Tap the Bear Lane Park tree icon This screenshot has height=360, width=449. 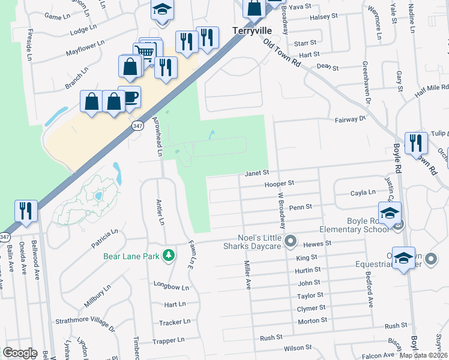[x=170, y=256]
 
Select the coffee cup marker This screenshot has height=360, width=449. [x=129, y=97]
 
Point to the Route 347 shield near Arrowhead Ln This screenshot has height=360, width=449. [x=137, y=125]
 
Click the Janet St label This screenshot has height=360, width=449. [x=256, y=173]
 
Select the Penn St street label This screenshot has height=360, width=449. [x=300, y=207]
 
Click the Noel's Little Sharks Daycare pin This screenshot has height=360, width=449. [x=291, y=241]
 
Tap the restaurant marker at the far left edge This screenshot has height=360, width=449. [x=26, y=211]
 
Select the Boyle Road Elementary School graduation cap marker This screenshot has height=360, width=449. [x=389, y=213]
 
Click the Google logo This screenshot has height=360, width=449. [x=20, y=352]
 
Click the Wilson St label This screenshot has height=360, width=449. [x=298, y=347]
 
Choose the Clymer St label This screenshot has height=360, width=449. [x=311, y=308]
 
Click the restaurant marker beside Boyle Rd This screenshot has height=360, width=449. [x=415, y=143]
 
